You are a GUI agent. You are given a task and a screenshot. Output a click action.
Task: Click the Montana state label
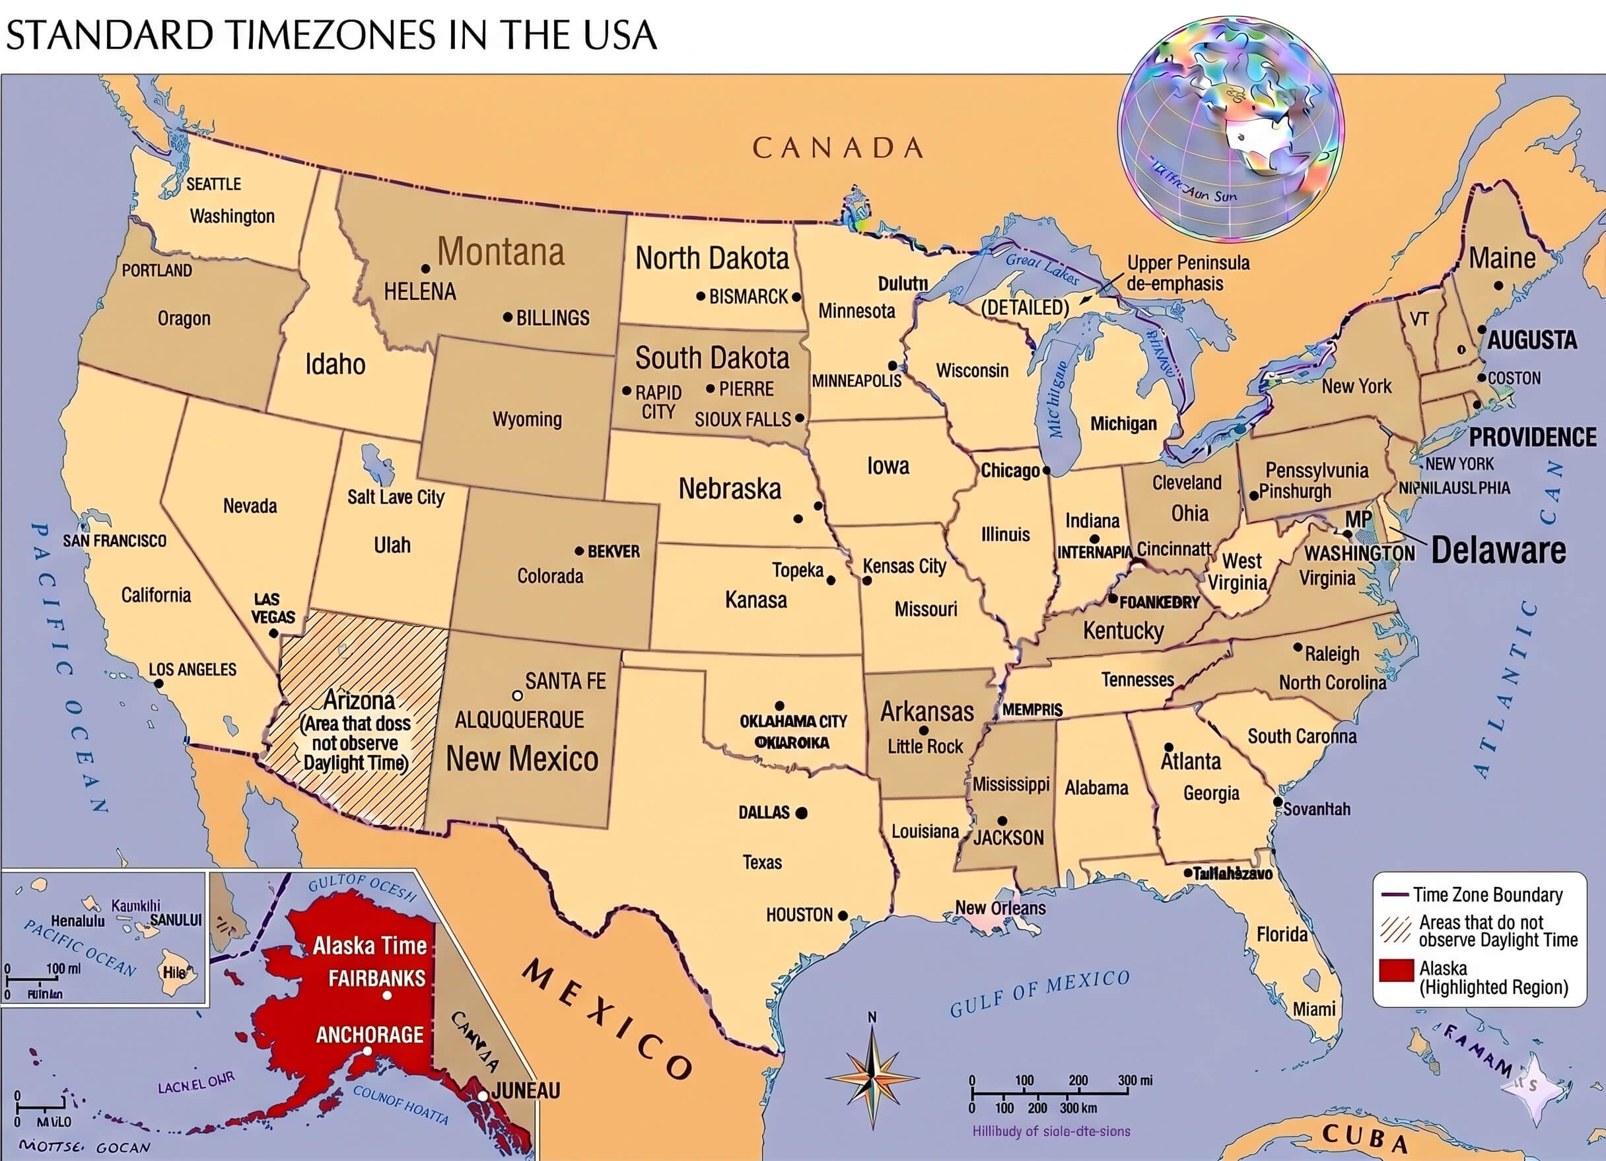[501, 252]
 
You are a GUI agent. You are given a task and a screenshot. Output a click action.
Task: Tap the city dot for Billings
[507, 318]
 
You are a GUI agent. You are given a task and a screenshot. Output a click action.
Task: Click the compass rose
[872, 1077]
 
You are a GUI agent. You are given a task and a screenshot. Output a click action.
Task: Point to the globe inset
[1230, 129]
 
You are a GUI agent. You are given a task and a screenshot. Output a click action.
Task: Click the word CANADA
[838, 148]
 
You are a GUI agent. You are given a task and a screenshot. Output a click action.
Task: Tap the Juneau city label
[526, 1090]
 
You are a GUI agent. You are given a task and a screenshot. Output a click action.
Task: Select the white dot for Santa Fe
[518, 695]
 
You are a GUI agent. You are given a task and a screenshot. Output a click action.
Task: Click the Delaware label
[1498, 550]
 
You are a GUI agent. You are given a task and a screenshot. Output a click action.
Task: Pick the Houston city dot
[843, 915]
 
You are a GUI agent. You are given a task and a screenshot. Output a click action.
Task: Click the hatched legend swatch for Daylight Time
[1396, 930]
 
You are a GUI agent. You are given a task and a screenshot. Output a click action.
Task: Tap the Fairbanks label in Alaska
[376, 978]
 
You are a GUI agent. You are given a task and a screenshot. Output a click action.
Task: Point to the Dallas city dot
[802, 813]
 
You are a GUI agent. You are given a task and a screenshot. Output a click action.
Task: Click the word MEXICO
[608, 1018]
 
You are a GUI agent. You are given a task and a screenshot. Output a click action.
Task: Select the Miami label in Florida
[1314, 1008]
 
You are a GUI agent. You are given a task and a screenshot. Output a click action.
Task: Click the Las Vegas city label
[273, 608]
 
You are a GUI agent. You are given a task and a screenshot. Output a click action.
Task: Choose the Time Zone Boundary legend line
[1393, 895]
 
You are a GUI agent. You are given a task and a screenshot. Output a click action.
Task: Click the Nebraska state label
[729, 489]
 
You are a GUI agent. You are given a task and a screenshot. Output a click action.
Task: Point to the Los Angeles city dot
[158, 684]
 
